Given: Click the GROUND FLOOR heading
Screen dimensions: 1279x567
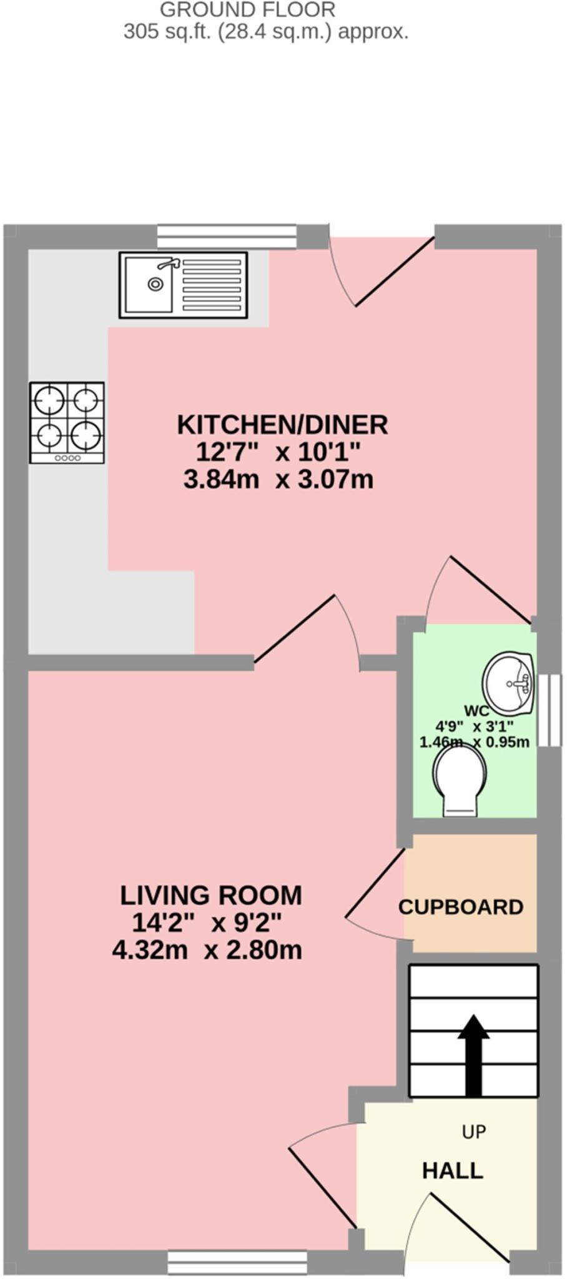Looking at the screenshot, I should (247, 9).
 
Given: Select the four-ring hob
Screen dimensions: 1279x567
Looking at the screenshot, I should (67, 422).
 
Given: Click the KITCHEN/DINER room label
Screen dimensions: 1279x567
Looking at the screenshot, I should (282, 425).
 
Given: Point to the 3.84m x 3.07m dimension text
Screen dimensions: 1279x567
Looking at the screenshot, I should (279, 480).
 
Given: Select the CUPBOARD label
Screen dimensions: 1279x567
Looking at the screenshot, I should (461, 907).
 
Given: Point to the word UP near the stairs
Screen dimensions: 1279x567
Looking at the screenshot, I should (474, 1132).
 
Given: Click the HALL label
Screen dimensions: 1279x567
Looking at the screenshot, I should (453, 1170).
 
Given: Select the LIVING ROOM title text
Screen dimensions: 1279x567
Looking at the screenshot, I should (210, 896).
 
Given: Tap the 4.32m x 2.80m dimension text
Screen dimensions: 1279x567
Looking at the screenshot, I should (207, 950).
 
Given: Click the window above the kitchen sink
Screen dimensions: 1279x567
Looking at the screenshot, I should (226, 237).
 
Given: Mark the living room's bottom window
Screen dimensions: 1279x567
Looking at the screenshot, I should (237, 1262).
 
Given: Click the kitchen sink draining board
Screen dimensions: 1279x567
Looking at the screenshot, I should (211, 284).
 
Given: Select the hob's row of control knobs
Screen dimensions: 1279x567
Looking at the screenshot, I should (67, 458).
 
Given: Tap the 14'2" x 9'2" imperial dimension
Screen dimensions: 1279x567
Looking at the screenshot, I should (207, 922).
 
